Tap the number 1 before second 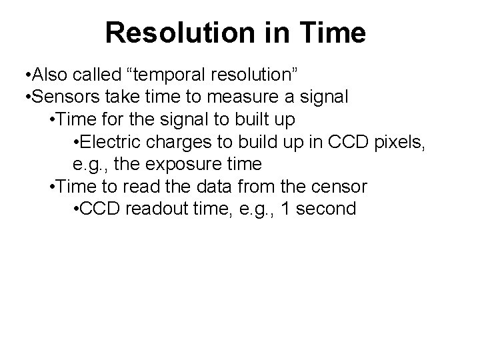coord(287,209)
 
